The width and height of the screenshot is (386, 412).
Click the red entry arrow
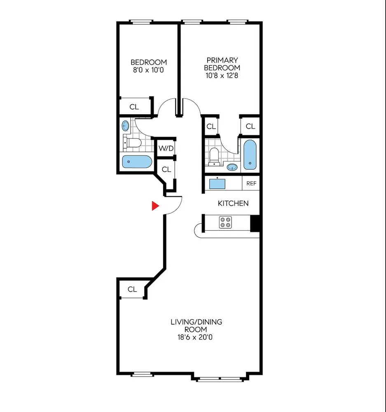click(155, 206)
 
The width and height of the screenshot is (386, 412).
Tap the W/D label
click(166, 149)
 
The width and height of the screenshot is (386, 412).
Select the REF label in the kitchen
click(251, 183)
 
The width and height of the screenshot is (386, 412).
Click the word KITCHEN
click(233, 203)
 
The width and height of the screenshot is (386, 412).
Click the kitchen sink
click(217, 183)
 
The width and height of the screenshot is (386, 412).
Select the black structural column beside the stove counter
click(255, 223)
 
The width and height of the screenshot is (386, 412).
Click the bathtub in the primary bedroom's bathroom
click(250, 155)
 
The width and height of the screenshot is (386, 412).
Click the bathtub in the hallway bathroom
click(136, 162)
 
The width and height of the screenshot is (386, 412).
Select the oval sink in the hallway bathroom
click(126, 126)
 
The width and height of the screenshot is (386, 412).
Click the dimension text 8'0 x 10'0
click(149, 70)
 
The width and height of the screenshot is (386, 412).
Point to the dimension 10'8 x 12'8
click(222, 75)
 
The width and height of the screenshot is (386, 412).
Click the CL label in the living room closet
click(132, 289)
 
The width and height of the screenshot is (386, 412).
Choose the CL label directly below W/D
click(166, 169)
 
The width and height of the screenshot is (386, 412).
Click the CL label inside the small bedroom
click(134, 107)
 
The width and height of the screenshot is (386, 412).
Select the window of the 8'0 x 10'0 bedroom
click(141, 22)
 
